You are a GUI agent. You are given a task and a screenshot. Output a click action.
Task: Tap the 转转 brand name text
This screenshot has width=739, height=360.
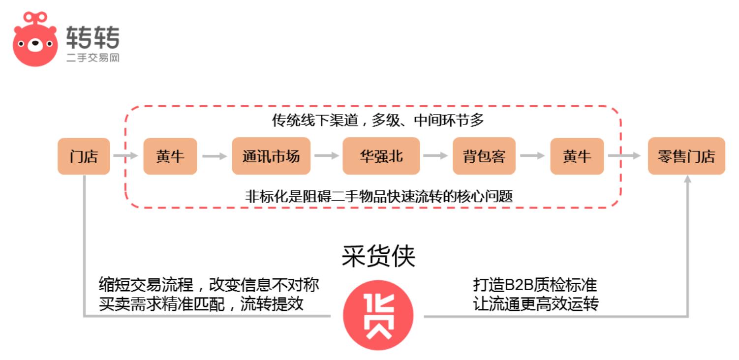(x=93, y=37)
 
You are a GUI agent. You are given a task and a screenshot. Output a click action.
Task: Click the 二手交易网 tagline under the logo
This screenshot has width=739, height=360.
(x=93, y=58)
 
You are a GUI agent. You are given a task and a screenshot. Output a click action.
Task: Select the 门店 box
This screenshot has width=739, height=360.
(x=84, y=156)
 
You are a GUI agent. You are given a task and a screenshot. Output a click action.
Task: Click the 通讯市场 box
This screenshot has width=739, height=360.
(x=271, y=156)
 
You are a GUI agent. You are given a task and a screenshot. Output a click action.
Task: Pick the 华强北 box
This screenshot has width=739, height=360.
(x=381, y=156)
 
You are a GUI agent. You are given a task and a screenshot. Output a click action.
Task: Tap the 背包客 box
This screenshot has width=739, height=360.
(x=484, y=156)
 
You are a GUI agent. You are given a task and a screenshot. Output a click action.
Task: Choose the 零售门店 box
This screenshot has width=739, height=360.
(x=686, y=156)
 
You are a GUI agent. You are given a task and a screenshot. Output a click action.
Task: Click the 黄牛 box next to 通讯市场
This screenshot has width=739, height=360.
(x=170, y=156)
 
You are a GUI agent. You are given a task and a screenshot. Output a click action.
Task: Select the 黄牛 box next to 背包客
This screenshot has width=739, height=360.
(x=577, y=156)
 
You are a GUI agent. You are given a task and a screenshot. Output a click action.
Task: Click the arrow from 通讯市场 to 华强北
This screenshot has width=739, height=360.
(x=327, y=155)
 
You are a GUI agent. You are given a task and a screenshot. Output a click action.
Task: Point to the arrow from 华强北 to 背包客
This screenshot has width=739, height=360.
(x=435, y=155)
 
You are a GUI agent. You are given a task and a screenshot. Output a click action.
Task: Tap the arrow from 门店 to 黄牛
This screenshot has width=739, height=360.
(x=125, y=155)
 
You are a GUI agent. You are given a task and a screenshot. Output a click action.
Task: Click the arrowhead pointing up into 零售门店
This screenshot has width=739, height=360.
(x=687, y=179)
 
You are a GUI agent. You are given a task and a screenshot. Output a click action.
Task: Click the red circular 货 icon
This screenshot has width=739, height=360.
(x=378, y=315)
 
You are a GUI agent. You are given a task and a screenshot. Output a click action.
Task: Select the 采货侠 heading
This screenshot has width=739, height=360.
(x=378, y=256)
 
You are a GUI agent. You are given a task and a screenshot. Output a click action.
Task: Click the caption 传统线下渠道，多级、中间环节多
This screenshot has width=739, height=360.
(x=378, y=120)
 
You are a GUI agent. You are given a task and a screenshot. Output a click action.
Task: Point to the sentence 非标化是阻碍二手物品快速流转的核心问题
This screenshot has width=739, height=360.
(x=379, y=197)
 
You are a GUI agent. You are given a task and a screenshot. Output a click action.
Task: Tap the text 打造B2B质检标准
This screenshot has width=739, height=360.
(x=535, y=285)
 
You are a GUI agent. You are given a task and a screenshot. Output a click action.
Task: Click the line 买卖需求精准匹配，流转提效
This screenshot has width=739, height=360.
(x=201, y=303)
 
